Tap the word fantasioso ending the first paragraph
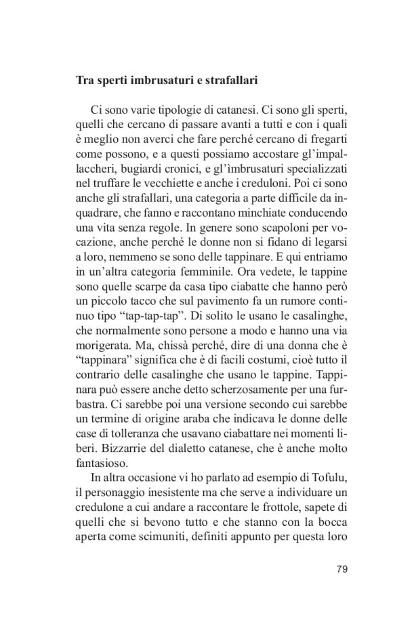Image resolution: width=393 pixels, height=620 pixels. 103,466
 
